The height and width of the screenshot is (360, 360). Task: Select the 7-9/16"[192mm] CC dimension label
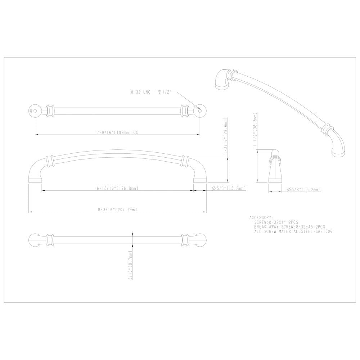pyautogui.click(x=117, y=132)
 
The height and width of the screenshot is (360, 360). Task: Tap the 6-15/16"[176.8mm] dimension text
pyautogui.click(x=117, y=188)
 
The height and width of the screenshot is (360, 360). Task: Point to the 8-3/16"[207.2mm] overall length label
pyautogui.click(x=117, y=210)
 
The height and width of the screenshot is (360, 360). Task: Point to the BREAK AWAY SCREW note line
pyautogui.click(x=289, y=227)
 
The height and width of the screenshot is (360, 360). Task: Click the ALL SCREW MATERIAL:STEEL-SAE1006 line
pyautogui.click(x=293, y=232)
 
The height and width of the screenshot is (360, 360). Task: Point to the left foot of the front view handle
pyautogui.click(x=35, y=176)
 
